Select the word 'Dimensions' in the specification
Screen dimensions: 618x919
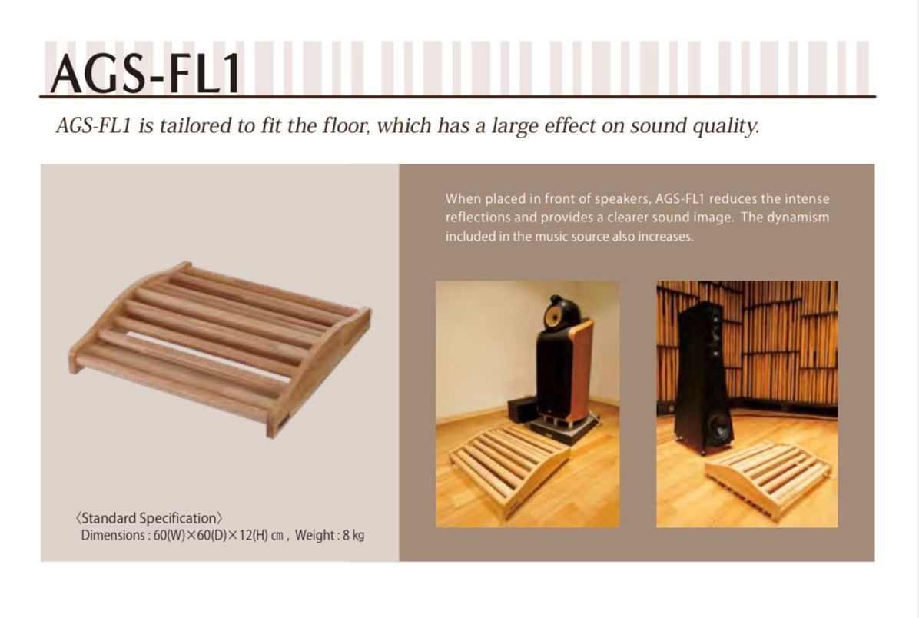pos(113,535)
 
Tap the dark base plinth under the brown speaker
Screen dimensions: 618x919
pos(566,427)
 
